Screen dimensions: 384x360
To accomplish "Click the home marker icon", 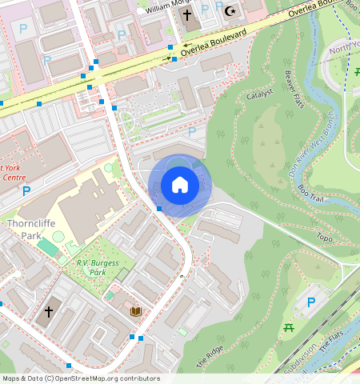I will [180, 186].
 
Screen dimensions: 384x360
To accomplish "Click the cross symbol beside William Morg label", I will [187, 14].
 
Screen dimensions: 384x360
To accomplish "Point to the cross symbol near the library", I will [49, 311].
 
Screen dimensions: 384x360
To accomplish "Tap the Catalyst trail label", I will [261, 94].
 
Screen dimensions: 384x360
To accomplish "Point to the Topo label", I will [324, 238].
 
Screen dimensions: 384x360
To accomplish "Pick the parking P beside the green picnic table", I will [310, 302].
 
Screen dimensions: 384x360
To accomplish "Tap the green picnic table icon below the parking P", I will [289, 327].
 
